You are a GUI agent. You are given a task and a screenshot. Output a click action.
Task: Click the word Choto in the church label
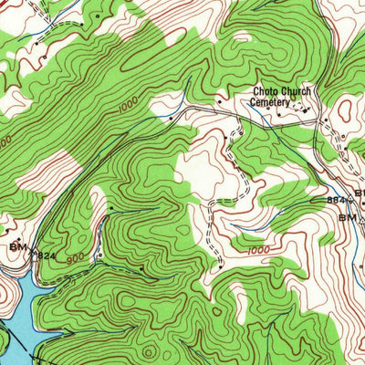pyautogui.click(x=266, y=92)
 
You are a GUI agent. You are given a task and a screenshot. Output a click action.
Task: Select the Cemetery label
pyautogui.click(x=271, y=103)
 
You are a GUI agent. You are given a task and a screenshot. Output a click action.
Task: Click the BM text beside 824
pyautogui.click(x=17, y=246)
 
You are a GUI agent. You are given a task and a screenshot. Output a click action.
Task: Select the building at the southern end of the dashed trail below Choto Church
pyautogui.click(x=221, y=266)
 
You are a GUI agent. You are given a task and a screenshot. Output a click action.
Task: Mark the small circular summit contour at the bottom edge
pyautogui.click(x=149, y=350)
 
